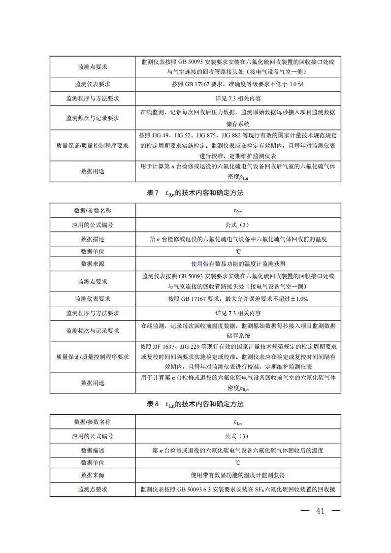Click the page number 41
(321, 511)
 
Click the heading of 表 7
(195, 193)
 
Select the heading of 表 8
(195, 404)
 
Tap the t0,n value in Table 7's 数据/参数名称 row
(238, 211)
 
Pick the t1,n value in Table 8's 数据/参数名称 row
(238, 422)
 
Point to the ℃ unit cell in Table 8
(238, 463)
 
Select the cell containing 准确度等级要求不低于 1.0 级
(238, 84)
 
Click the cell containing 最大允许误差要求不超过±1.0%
(238, 299)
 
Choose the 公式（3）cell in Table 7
(238, 225)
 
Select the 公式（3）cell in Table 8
(238, 436)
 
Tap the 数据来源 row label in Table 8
(93, 475)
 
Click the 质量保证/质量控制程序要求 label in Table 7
(93, 357)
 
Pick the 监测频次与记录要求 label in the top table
(93, 118)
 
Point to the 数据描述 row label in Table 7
(93, 239)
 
